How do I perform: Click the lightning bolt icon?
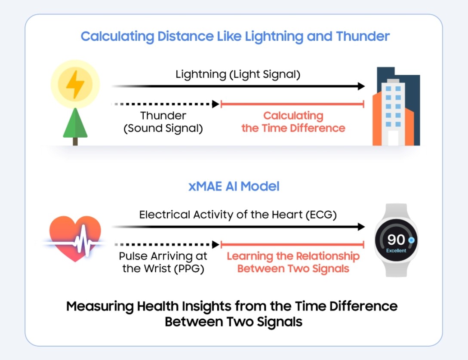point(75,84)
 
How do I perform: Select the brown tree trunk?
point(75,142)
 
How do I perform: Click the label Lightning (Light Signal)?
point(238,74)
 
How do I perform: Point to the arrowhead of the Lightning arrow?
point(361,86)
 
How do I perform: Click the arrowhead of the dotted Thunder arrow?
point(216,104)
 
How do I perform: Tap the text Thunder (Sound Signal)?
point(163,122)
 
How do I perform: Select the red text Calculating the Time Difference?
point(293,122)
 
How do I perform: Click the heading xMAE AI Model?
point(234,186)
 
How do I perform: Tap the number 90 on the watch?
point(396,240)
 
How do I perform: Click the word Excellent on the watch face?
point(396,251)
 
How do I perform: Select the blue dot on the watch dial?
point(411,240)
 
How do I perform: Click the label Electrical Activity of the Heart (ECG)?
point(238,215)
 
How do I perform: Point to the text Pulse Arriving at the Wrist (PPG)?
point(163,262)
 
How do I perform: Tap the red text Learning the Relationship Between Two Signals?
point(293,262)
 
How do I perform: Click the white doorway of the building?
point(393,138)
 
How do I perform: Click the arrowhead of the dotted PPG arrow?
point(216,244)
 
